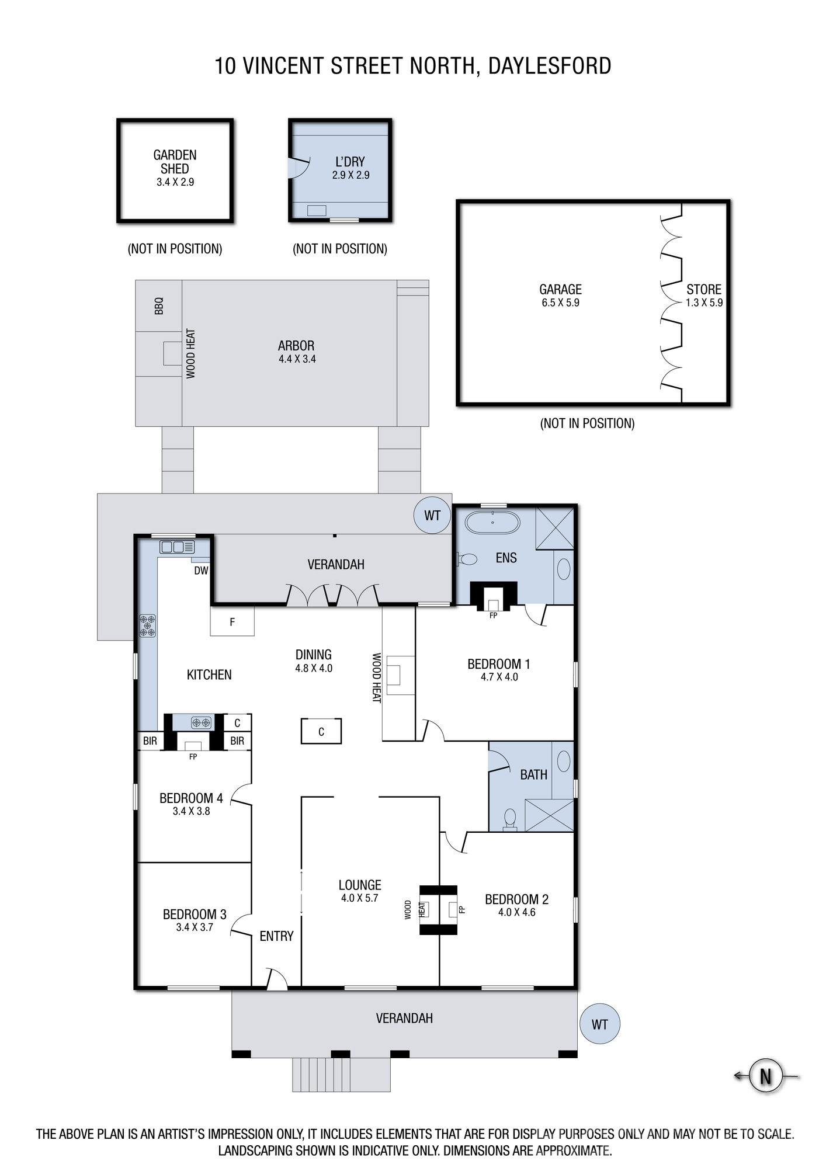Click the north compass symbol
[765, 1076]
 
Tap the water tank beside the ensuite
[432, 515]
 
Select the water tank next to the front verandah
[599, 1024]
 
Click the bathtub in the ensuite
[492, 522]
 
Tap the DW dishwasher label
[201, 571]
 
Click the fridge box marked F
[232, 621]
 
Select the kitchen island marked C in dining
[321, 731]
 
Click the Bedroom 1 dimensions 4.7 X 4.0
[499, 677]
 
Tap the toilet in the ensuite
[467, 559]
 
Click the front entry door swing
[276, 978]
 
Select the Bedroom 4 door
[241, 795]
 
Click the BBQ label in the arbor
[159, 306]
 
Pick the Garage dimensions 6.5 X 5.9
[560, 303]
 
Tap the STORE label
[704, 289]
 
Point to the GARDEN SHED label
[175, 162]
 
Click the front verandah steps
[341, 1075]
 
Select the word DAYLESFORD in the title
[550, 66]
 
